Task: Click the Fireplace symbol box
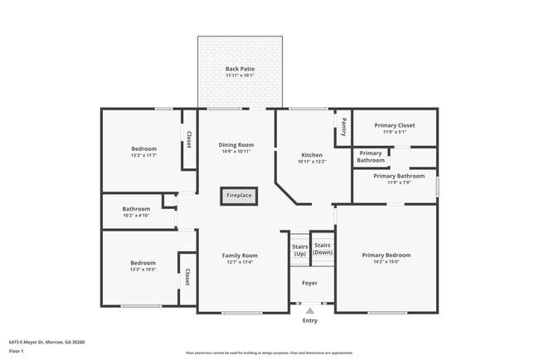pos(239,196)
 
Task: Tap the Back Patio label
pos(240,69)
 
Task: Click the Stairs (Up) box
pos(299,249)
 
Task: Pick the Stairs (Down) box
pos(323,249)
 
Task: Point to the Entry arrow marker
pos(309,310)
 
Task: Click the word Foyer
pos(309,283)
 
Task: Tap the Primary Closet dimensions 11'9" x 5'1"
pos(394,131)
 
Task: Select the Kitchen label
pos(312,155)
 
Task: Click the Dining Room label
pos(236,144)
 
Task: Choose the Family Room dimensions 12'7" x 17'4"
pos(239,262)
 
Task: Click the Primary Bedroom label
pos(386,255)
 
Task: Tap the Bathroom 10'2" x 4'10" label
pos(136,212)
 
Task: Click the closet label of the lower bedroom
pos(187,277)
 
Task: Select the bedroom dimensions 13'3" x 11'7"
pos(143,155)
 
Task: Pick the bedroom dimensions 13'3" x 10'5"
pos(143,270)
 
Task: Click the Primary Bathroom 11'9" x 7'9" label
pos(394,182)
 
